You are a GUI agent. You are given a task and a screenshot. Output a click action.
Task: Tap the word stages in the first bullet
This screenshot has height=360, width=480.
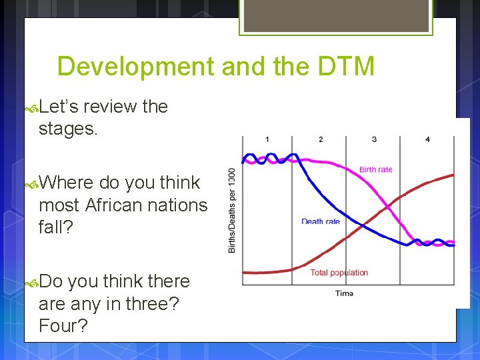(x=67, y=129)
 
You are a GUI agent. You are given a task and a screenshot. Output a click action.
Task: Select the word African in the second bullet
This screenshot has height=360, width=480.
(x=123, y=205)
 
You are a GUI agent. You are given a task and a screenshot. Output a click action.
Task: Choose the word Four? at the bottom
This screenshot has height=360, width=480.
(x=63, y=327)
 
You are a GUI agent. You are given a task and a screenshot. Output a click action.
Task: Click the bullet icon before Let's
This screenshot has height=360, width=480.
(x=31, y=107)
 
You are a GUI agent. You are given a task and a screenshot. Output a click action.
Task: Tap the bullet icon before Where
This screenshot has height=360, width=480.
(x=31, y=183)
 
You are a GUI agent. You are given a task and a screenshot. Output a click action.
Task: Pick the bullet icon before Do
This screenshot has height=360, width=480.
(x=31, y=283)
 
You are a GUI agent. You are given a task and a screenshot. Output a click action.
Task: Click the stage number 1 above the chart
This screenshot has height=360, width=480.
(x=267, y=139)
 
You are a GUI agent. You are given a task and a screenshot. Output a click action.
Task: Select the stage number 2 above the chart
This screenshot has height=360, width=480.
(x=321, y=139)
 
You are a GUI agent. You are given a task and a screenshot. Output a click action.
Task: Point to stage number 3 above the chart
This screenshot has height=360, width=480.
(x=374, y=139)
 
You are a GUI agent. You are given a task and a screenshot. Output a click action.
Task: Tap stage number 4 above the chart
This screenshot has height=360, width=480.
(x=427, y=139)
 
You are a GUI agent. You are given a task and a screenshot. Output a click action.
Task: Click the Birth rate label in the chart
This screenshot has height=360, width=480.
(x=376, y=169)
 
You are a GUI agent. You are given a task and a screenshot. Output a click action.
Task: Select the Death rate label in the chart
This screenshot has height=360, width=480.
(x=320, y=221)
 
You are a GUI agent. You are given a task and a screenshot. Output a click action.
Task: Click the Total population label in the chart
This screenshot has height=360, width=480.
(x=339, y=273)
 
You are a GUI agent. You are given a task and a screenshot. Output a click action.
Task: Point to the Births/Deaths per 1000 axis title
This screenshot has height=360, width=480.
(x=232, y=210)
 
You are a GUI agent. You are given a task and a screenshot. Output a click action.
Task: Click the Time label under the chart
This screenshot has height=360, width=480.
(x=344, y=293)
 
